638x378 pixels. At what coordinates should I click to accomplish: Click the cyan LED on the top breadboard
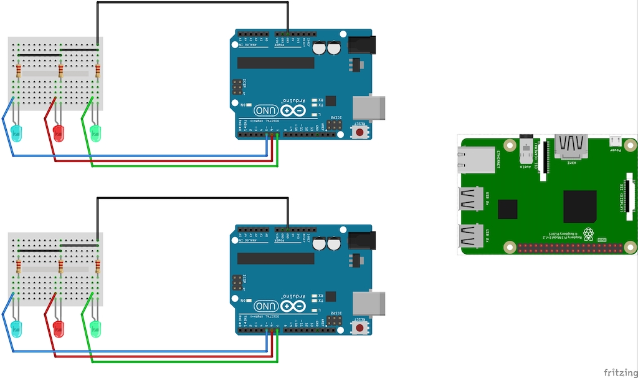[x=17, y=132]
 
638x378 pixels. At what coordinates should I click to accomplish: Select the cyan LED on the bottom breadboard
[x=17, y=328]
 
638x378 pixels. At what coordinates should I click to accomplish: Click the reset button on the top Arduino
[x=360, y=132]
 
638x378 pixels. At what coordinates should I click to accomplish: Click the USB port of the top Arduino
[x=369, y=107]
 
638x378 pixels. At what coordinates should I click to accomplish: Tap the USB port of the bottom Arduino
[x=369, y=303]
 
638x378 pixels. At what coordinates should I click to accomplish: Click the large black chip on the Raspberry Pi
[x=579, y=206]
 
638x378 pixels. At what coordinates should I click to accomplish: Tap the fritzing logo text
[x=619, y=372]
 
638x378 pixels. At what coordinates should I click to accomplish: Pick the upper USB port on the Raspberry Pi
[x=471, y=200]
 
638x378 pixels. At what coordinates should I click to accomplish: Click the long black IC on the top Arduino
[x=275, y=62]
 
